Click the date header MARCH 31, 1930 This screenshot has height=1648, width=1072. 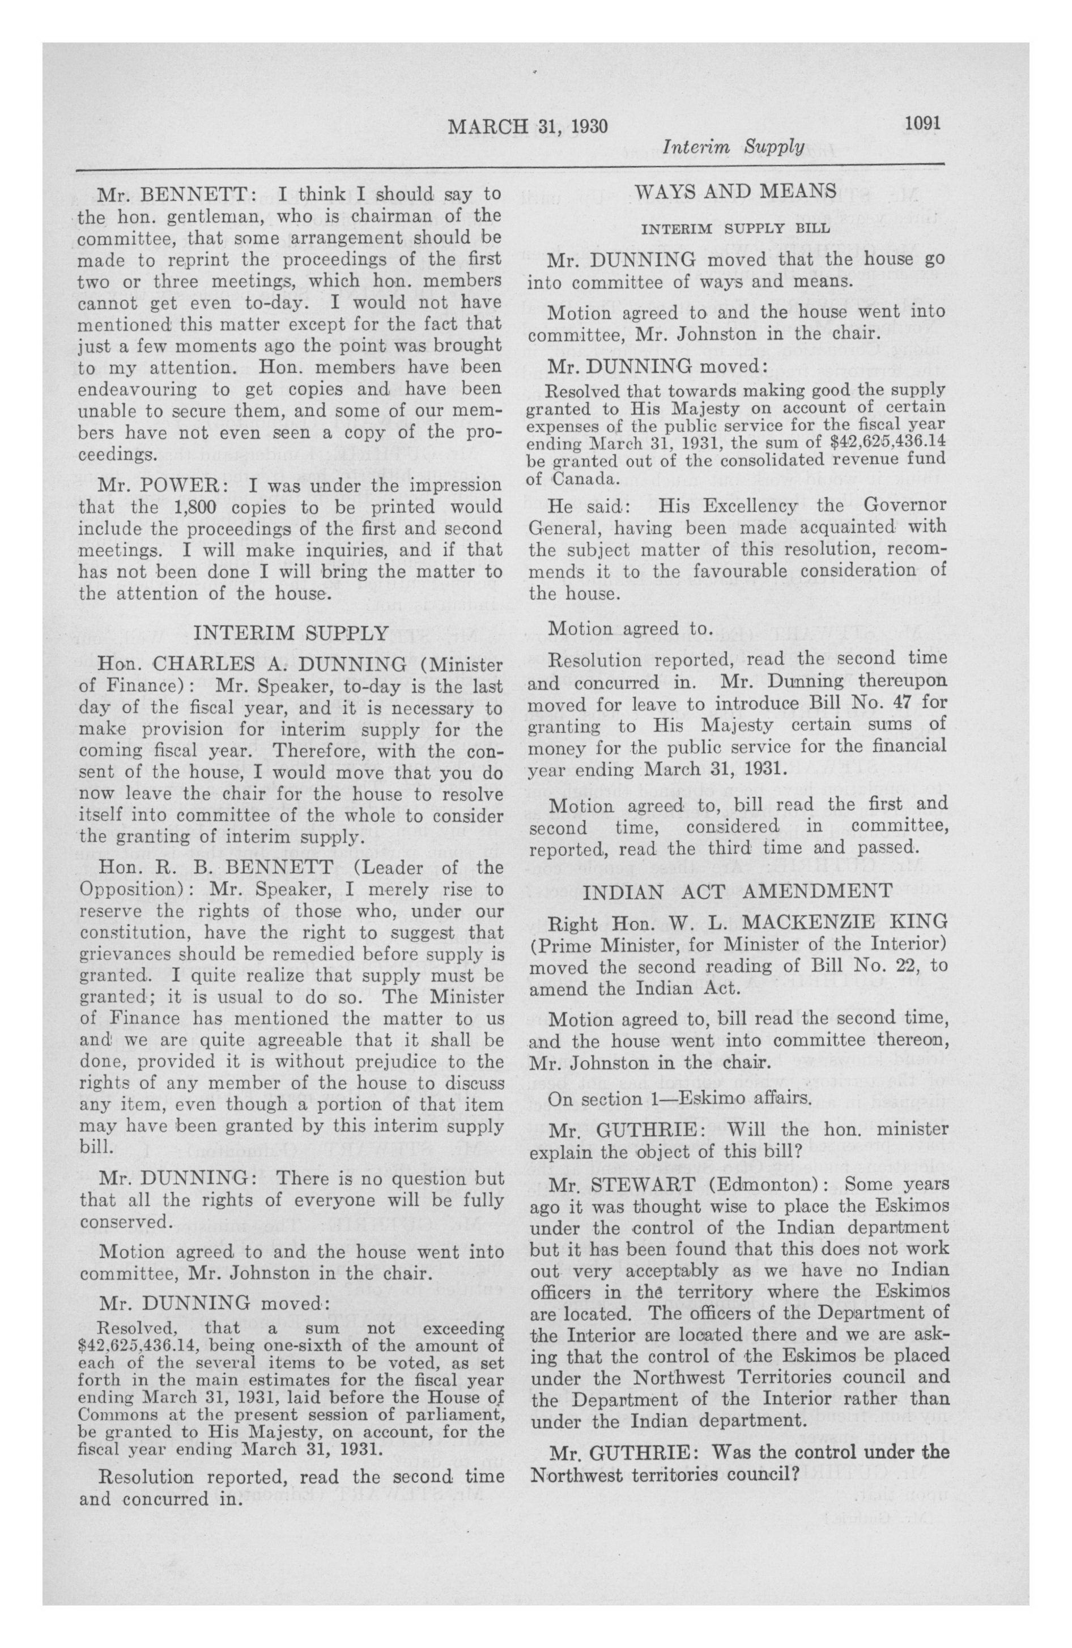[x=528, y=127]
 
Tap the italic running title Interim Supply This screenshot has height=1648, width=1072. [x=733, y=147]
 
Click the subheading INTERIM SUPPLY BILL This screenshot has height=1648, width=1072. [x=736, y=228]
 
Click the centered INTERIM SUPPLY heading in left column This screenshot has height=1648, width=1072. [x=291, y=633]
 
